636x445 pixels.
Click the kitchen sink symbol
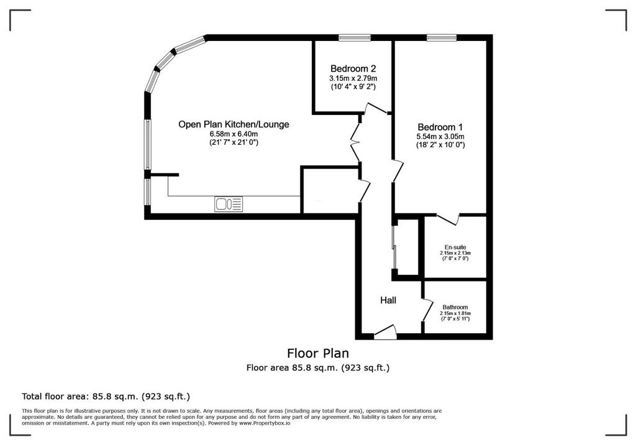[x=229, y=204]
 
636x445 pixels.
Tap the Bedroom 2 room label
[x=353, y=68]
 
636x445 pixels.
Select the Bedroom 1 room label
[x=440, y=127]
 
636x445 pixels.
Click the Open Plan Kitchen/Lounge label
[x=234, y=124]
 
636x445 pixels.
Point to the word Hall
[x=388, y=300]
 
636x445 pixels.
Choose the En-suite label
[x=455, y=247]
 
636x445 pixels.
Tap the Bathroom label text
[x=455, y=307]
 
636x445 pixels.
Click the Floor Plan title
[x=317, y=353]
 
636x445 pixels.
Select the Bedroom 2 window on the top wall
[x=355, y=38]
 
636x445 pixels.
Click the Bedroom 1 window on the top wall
[x=442, y=38]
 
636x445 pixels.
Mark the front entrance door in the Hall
[x=385, y=332]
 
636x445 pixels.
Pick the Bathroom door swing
[x=427, y=310]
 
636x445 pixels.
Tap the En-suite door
[x=448, y=218]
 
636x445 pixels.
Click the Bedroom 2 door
[x=376, y=108]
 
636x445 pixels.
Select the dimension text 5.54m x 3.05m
[x=440, y=137]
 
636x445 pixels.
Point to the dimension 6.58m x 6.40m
[x=234, y=134]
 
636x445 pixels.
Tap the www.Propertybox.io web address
[x=265, y=423]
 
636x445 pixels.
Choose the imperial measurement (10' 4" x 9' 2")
[x=353, y=86]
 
